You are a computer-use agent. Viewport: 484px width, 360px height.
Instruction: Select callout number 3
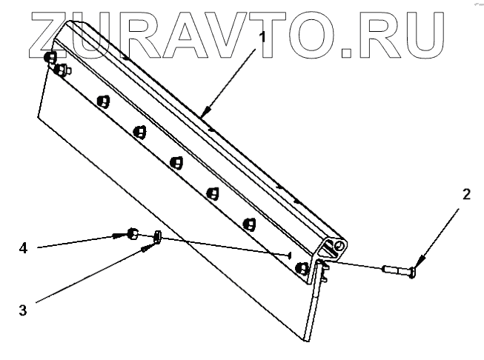23,310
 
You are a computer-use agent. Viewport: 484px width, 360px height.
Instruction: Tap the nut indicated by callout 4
132,234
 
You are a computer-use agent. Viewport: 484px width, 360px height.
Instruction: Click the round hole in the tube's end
339,245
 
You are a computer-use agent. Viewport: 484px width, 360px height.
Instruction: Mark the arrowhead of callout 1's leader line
202,117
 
